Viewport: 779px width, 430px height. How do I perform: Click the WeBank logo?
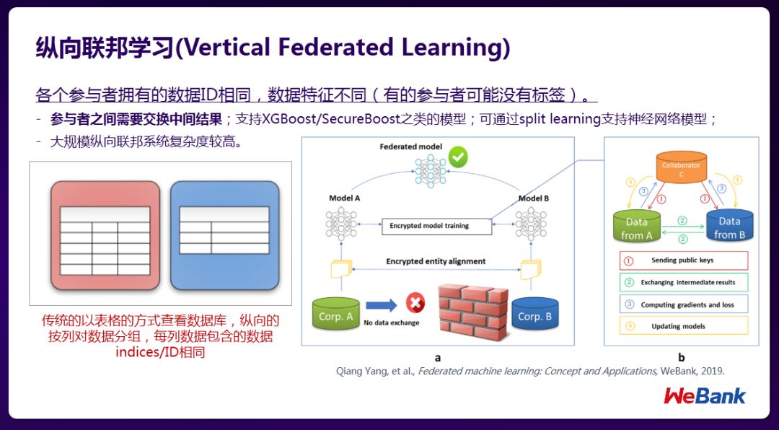(x=705, y=395)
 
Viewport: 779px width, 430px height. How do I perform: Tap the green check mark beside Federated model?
(x=457, y=156)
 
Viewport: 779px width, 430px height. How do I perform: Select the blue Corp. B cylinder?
(x=534, y=315)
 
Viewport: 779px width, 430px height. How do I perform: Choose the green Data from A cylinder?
(x=636, y=226)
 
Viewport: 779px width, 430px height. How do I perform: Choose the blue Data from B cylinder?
(x=729, y=226)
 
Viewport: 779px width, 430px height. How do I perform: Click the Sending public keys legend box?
(x=682, y=260)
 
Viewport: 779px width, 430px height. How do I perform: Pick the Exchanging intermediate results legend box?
(x=682, y=282)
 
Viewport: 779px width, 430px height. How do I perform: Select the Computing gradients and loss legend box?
(x=682, y=304)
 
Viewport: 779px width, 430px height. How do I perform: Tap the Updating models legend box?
(x=682, y=326)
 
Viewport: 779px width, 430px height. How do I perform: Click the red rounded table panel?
(x=105, y=235)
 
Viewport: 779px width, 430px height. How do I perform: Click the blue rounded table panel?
(x=224, y=235)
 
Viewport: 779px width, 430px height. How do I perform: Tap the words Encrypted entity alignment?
(x=436, y=261)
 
